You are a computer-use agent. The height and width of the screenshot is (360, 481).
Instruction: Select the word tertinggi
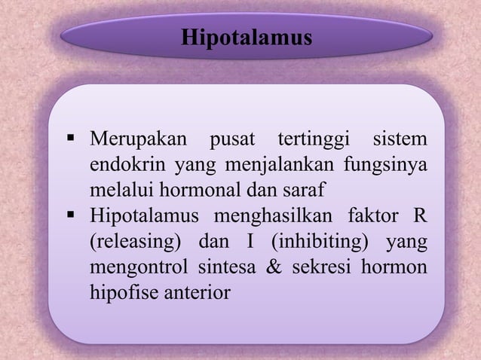click(x=313, y=140)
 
